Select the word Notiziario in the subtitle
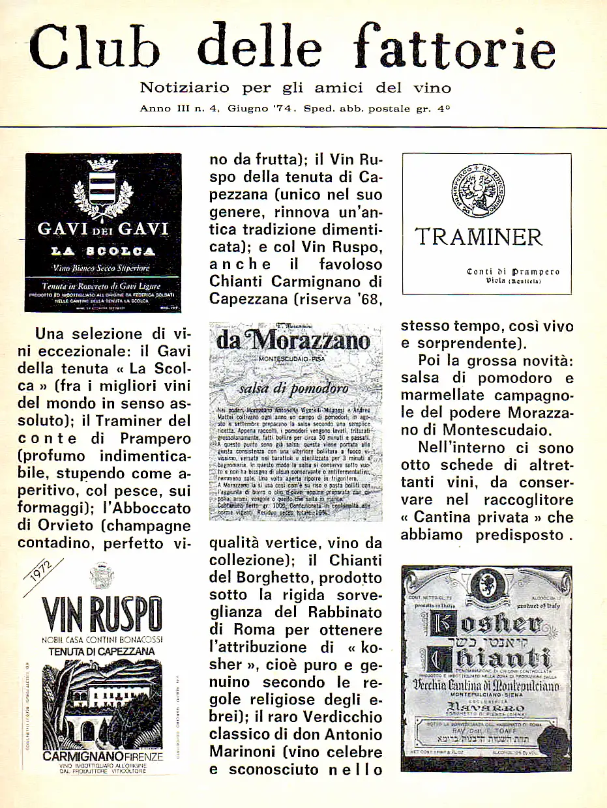(185, 88)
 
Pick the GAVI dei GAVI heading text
(102, 229)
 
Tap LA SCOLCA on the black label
(102, 251)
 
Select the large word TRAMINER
(479, 237)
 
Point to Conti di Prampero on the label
(513, 272)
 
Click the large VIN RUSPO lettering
(102, 614)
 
